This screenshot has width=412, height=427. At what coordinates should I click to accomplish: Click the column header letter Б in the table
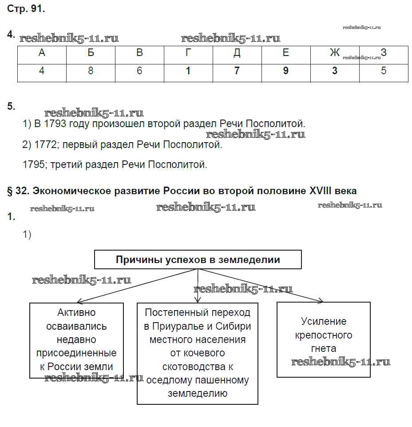click(x=91, y=53)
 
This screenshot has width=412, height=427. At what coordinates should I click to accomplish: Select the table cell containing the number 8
click(x=91, y=71)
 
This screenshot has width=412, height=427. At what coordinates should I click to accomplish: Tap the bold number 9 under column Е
click(x=285, y=71)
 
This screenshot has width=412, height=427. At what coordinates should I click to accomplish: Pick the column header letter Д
click(x=237, y=53)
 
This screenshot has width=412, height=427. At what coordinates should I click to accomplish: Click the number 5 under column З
click(x=384, y=71)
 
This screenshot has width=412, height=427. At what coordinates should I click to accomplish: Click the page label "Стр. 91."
click(x=26, y=9)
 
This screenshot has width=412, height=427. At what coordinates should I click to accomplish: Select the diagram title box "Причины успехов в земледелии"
click(x=198, y=260)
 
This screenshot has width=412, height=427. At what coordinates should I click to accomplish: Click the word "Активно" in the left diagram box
click(x=77, y=313)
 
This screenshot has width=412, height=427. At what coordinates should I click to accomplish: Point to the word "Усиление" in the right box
click(x=324, y=321)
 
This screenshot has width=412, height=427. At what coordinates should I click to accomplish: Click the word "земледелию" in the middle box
click(x=198, y=393)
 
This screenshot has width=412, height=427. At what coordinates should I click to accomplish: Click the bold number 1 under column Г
click(x=188, y=71)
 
